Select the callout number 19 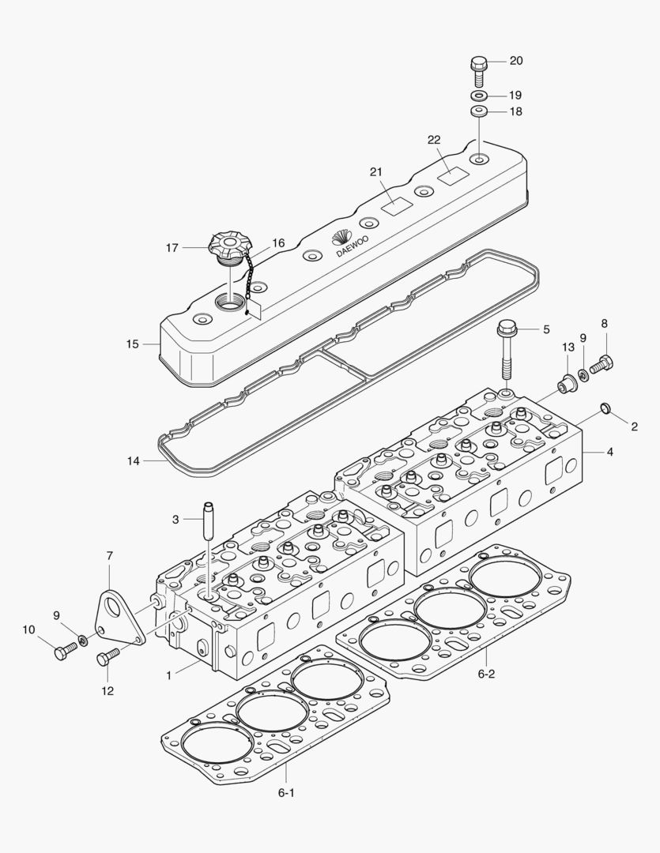click(x=515, y=95)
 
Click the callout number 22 click(x=433, y=140)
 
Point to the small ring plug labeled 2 click(x=605, y=408)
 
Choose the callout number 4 click(x=609, y=453)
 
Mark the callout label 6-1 click(x=286, y=791)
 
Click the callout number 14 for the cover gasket click(x=132, y=461)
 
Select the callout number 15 click(x=132, y=344)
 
